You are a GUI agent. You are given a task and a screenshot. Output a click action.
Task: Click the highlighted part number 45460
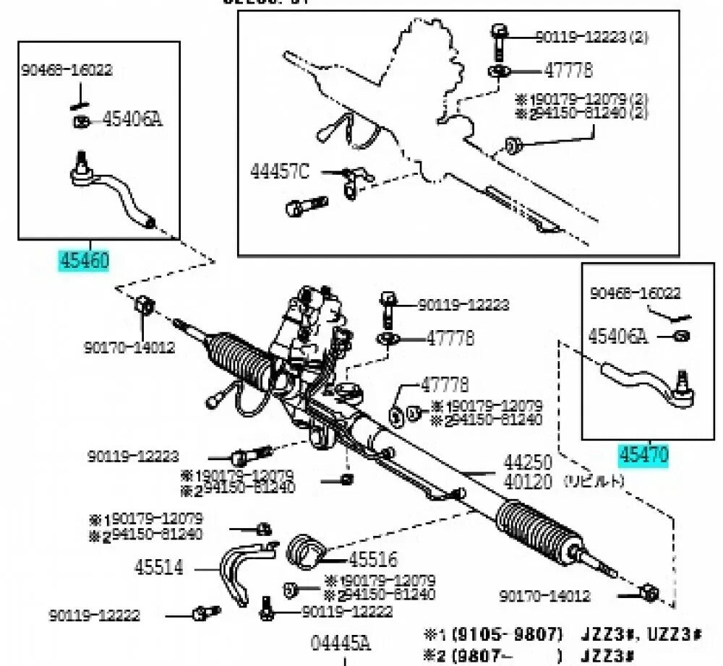pyautogui.click(x=84, y=259)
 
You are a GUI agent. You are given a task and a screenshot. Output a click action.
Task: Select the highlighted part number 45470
pyautogui.click(x=643, y=454)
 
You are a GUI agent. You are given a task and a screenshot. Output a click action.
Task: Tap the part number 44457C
pyautogui.click(x=280, y=171)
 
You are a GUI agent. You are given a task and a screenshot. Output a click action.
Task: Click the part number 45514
pyautogui.click(x=158, y=567)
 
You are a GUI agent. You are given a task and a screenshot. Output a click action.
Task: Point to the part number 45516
pyautogui.click(x=373, y=559)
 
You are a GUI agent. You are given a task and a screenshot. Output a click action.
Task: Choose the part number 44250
pyautogui.click(x=528, y=462)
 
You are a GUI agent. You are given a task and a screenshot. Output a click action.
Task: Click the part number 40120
pyautogui.click(x=528, y=481)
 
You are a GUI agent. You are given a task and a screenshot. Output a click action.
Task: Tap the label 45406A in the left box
pyautogui.click(x=132, y=118)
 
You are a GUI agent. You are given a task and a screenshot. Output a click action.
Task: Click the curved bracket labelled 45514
pyautogui.click(x=239, y=567)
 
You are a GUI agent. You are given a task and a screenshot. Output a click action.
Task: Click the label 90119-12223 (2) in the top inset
pyautogui.click(x=590, y=37)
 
